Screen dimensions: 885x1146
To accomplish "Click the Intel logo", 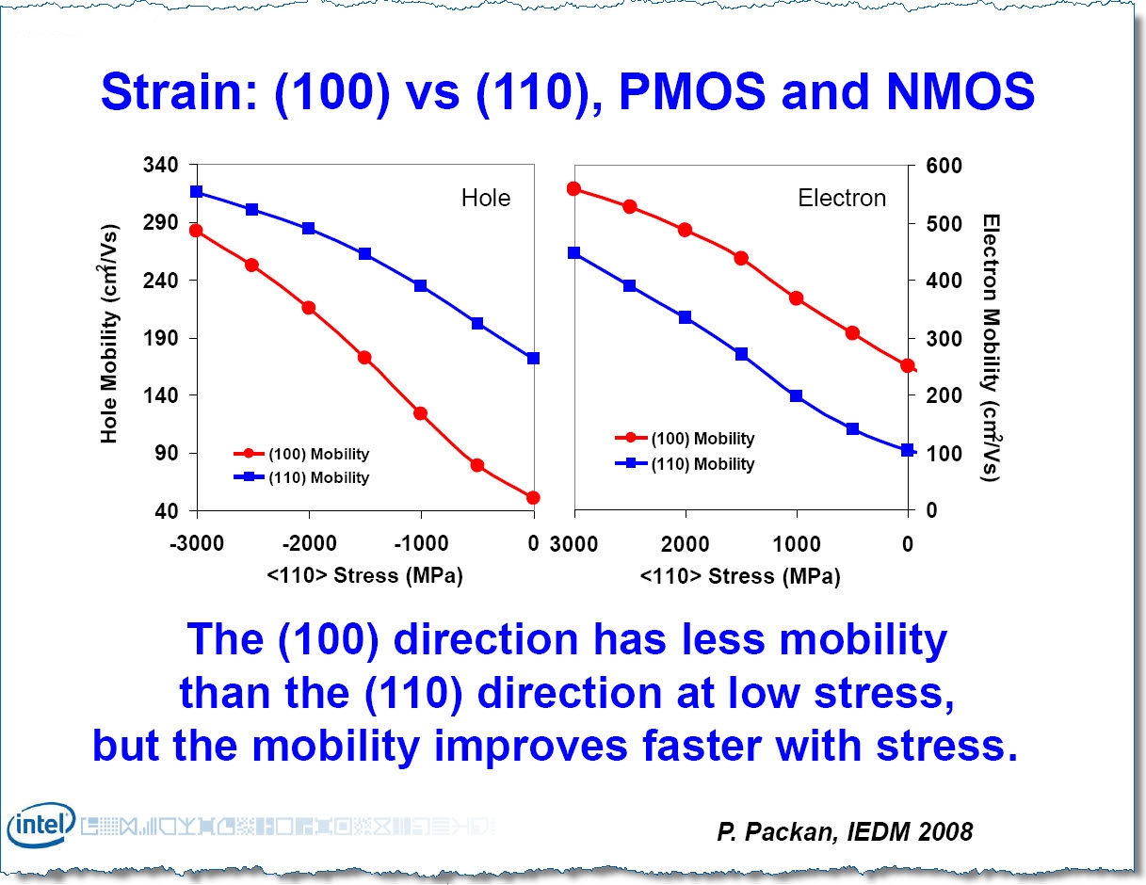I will pyautogui.click(x=40, y=826).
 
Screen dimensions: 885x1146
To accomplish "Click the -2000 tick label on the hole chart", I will pyautogui.click(x=308, y=543).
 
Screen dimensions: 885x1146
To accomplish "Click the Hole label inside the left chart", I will pyautogui.click(x=485, y=198).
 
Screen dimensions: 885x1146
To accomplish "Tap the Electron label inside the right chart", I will pyautogui.click(x=842, y=198).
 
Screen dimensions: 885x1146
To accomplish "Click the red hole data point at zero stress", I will pyautogui.click(x=533, y=497).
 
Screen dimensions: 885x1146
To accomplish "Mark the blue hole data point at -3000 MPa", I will pyautogui.click(x=197, y=192).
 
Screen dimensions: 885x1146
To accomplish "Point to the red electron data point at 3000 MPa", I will pyautogui.click(x=573, y=188).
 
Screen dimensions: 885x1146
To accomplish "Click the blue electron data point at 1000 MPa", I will pyautogui.click(x=797, y=396).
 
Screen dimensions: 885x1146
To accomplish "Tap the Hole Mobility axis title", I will pyautogui.click(x=110, y=333).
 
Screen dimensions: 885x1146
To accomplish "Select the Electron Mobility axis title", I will pyautogui.click(x=990, y=346).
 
